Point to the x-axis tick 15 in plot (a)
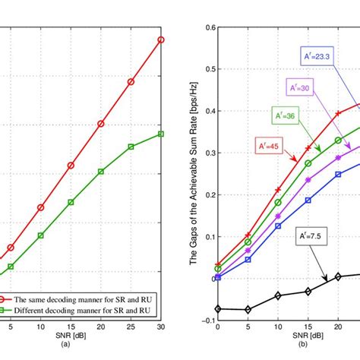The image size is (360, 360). pyautogui.click(x=71, y=327)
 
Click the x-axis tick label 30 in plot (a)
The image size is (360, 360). pyautogui.click(x=160, y=327)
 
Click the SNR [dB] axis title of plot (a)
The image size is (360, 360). pyautogui.click(x=85, y=336)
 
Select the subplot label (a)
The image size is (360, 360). pyautogui.click(x=85, y=344)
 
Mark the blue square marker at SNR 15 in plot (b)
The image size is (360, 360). pyautogui.click(x=308, y=201)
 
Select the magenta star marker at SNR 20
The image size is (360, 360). pyautogui.click(x=338, y=157)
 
